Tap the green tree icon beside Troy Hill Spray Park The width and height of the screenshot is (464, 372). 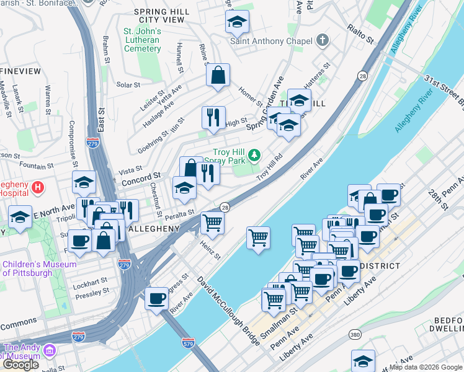pos(254,154)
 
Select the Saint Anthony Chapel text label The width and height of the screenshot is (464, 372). pos(270,42)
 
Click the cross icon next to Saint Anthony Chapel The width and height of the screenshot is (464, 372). pos(321,42)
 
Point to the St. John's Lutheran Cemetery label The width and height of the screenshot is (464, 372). pos(142,40)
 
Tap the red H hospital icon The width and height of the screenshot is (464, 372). pos(38,186)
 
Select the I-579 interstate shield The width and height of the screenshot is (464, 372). pos(189,342)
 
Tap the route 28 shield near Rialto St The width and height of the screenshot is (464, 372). pos(362,76)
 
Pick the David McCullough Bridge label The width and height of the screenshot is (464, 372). pos(229,311)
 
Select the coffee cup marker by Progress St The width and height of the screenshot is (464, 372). pos(156,298)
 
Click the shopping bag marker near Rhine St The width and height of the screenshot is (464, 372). pos(218,75)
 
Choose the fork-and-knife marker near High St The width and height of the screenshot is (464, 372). pos(213,117)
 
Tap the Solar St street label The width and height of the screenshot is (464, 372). pos(128,84)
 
